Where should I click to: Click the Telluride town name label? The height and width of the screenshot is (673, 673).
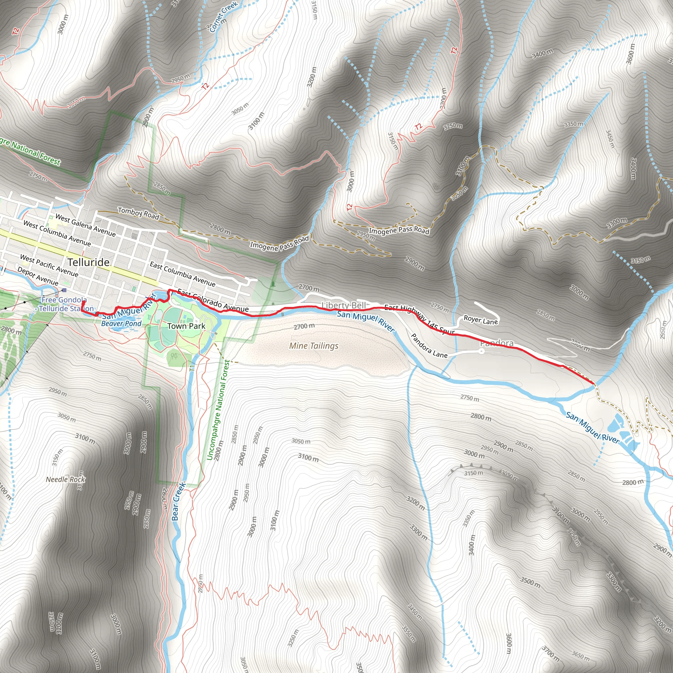click(x=88, y=262)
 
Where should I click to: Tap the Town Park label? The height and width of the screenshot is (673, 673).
click(x=186, y=326)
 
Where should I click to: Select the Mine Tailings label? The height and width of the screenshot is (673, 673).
click(x=313, y=346)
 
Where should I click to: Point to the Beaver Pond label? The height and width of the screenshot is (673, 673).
click(x=121, y=323)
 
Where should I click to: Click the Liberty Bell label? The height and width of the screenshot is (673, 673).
click(x=343, y=306)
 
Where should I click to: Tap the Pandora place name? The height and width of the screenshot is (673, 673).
click(x=497, y=343)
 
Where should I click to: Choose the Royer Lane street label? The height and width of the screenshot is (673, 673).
click(x=480, y=320)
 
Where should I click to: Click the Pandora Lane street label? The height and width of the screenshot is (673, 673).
click(x=429, y=346)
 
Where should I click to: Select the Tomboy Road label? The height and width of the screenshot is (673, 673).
click(x=139, y=213)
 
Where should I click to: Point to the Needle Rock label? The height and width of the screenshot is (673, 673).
click(x=65, y=479)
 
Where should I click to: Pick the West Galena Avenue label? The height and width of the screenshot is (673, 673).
click(x=85, y=225)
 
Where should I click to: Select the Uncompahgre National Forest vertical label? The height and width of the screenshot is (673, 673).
click(x=219, y=410)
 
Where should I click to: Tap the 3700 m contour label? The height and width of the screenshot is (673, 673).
click(x=551, y=654)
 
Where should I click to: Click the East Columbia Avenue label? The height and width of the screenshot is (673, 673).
click(x=182, y=274)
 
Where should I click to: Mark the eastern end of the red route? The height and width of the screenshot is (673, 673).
click(x=593, y=383)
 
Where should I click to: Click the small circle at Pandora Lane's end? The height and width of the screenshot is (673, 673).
click(x=481, y=352)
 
